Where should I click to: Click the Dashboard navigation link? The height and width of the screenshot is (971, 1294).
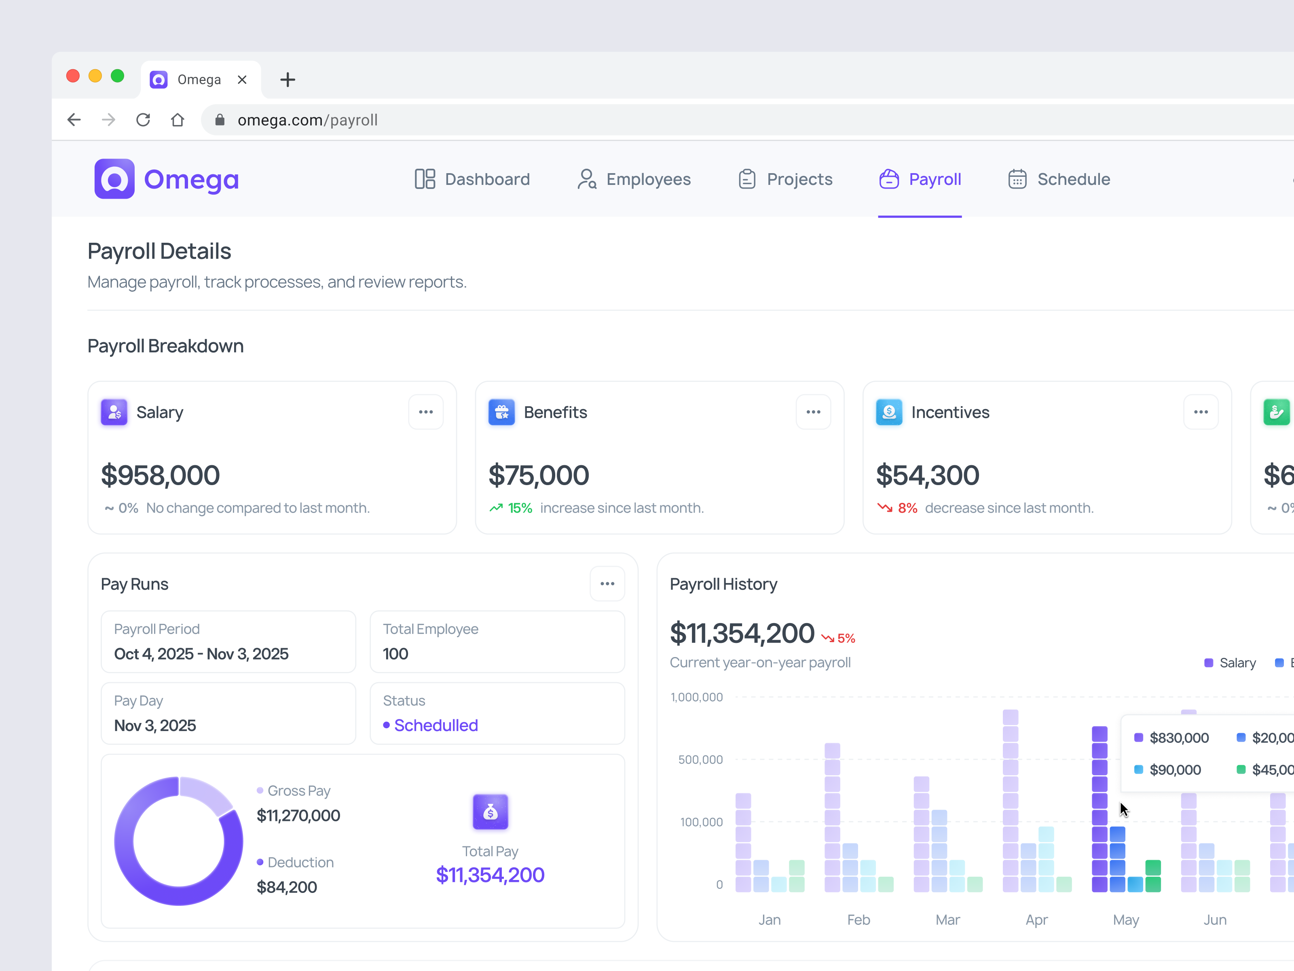[x=472, y=179]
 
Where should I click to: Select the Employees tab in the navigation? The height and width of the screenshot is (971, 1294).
[x=634, y=179]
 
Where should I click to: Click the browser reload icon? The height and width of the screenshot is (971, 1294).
[x=143, y=120]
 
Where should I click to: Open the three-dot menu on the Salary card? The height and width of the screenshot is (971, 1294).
[x=426, y=412]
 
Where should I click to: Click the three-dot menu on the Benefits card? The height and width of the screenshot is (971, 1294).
[x=813, y=412]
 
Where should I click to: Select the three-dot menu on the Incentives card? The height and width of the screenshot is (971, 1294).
[x=1201, y=412]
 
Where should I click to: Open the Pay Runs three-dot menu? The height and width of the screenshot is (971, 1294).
[x=607, y=583]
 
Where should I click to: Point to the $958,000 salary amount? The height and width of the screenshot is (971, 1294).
[x=160, y=475]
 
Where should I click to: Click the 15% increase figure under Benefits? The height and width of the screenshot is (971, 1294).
[x=520, y=508]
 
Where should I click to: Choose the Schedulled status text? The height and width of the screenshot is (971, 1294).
[x=436, y=725]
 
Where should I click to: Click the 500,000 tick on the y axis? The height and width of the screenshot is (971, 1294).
[x=700, y=760]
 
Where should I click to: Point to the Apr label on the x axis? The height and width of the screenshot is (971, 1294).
[x=1036, y=920]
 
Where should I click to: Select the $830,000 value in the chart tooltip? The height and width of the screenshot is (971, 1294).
[x=1179, y=738]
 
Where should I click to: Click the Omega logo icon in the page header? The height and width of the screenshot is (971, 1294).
[x=115, y=179]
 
